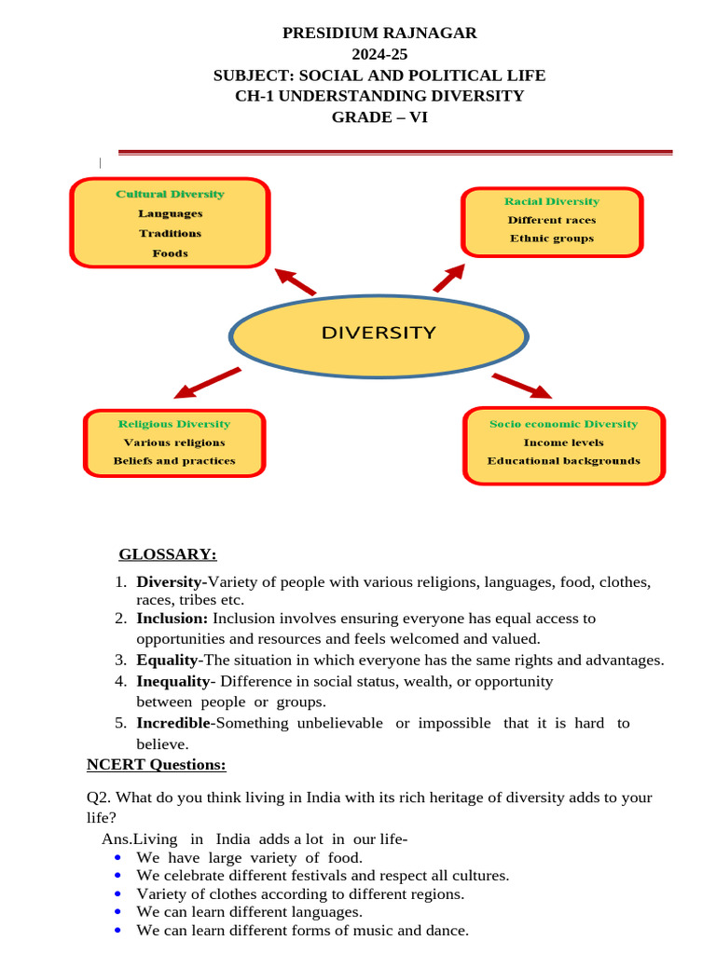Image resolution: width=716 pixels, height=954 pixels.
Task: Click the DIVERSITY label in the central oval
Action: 379,333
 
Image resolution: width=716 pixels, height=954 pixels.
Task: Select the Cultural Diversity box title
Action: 170,194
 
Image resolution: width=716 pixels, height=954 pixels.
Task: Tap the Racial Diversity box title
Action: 552,201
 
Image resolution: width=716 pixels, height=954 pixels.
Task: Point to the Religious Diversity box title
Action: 174,424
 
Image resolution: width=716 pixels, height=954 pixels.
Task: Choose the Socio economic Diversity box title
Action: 564,424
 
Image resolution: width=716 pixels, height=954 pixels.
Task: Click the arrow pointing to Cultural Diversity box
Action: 296,281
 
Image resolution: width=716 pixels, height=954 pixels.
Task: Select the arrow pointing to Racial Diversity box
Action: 449,278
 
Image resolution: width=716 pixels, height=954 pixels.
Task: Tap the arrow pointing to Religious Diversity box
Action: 207,383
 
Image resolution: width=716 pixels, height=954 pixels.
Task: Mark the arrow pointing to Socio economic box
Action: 522,387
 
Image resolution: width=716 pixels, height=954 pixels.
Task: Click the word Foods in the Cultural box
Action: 170,253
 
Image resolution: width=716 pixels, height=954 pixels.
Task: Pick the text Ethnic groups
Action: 552,238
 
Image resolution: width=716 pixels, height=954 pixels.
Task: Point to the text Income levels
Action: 564,443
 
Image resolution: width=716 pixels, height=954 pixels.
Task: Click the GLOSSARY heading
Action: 168,554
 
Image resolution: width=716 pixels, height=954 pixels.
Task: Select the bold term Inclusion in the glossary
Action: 172,619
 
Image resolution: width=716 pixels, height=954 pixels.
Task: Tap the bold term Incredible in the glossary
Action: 173,723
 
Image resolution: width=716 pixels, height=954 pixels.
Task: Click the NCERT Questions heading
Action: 157,765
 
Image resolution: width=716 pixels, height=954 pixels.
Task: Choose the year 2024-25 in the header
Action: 379,55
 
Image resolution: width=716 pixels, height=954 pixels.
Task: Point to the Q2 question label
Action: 99,797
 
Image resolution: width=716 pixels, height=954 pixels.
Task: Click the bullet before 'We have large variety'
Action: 117,858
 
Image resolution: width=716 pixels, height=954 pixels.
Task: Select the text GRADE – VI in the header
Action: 379,117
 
